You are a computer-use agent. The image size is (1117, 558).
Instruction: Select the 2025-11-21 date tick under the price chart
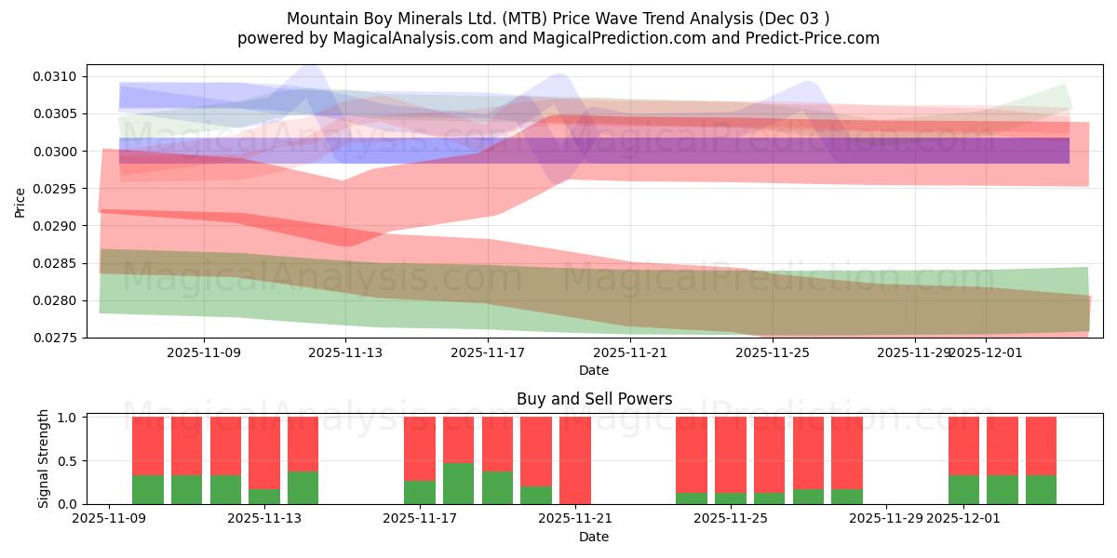tap(630, 353)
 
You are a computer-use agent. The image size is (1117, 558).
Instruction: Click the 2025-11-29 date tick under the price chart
tap(914, 353)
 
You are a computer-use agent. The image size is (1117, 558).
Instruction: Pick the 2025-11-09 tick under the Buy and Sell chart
tap(109, 519)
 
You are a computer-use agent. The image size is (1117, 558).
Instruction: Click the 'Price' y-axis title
tap(20, 202)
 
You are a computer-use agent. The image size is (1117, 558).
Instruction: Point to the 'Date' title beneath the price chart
tap(594, 370)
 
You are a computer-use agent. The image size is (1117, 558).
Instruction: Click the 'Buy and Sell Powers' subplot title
tap(594, 399)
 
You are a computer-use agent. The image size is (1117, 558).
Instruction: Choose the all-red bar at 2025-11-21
tap(575, 460)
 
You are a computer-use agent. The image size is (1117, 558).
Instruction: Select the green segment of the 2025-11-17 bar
tap(420, 492)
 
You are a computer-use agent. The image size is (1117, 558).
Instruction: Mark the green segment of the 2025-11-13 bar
tap(264, 497)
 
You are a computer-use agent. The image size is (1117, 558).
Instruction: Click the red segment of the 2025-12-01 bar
tap(963, 445)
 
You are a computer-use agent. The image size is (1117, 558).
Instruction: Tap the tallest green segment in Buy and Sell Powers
tap(458, 484)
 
